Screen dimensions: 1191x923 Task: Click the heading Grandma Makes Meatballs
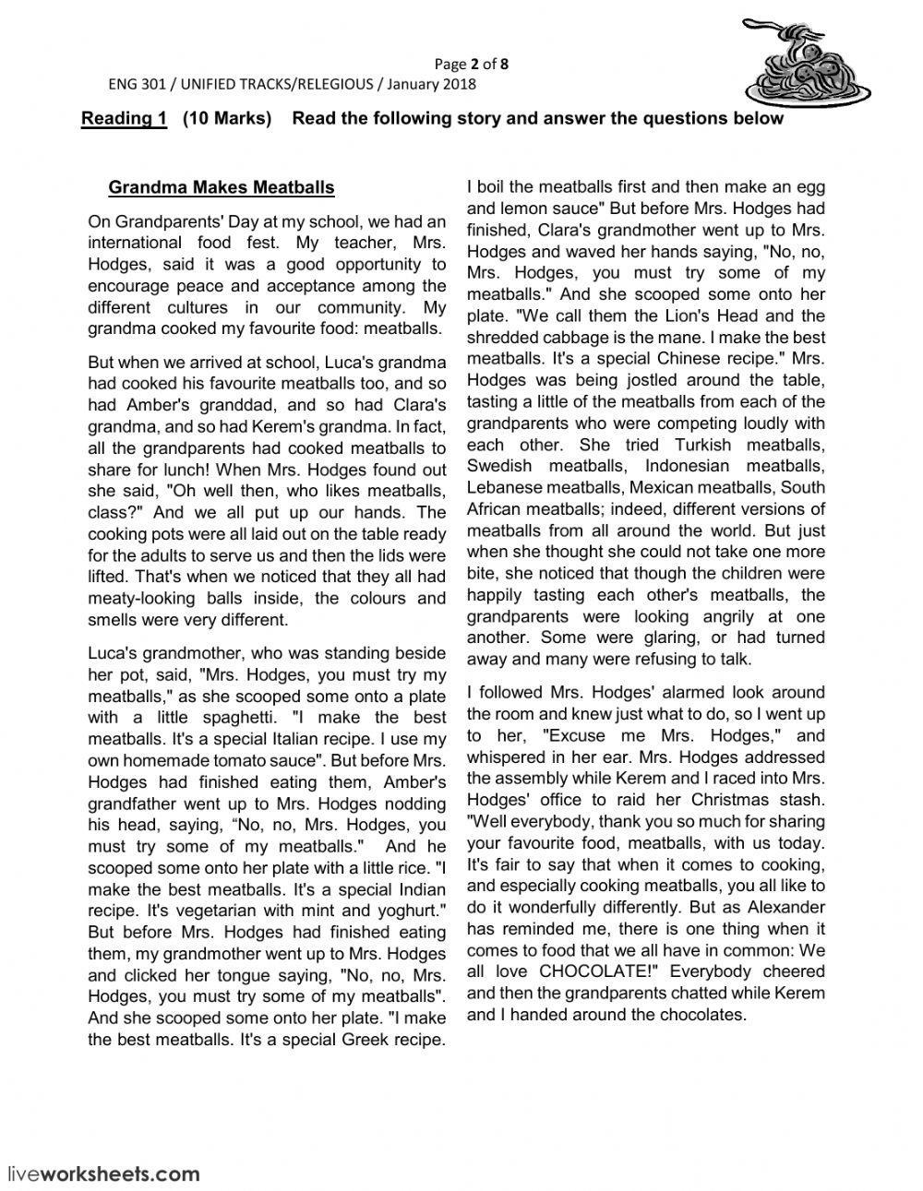pos(222,188)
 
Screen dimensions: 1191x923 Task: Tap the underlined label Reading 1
pos(124,118)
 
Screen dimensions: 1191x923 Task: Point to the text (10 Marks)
pos(227,118)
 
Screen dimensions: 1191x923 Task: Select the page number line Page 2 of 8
pos(471,64)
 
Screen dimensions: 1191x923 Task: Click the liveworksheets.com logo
pos(103,1173)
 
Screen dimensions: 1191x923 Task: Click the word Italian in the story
pos(300,739)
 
